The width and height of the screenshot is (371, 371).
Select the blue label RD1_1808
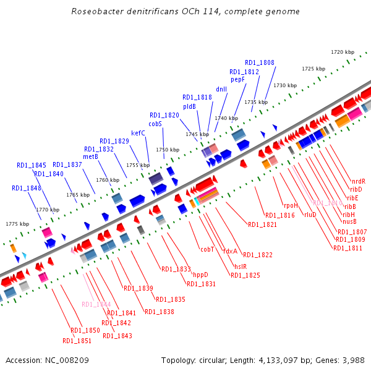click(x=260, y=62)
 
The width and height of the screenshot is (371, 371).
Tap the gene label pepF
click(x=238, y=80)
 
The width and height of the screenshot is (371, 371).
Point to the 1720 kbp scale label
click(x=342, y=52)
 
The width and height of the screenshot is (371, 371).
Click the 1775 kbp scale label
click(x=17, y=224)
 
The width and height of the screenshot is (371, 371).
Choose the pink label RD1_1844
click(x=96, y=304)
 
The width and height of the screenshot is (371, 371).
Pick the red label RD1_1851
click(x=77, y=341)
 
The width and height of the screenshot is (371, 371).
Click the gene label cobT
click(x=207, y=250)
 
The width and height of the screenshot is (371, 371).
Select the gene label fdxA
click(x=230, y=251)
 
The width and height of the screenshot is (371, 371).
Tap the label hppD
click(x=200, y=275)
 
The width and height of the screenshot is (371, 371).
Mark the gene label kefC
click(x=138, y=133)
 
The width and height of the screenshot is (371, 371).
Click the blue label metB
click(x=91, y=157)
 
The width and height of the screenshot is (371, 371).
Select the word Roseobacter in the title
click(x=98, y=11)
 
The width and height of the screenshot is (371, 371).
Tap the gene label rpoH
click(x=291, y=205)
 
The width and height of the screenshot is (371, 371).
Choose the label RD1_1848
click(x=27, y=188)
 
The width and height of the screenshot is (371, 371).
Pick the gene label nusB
click(x=349, y=221)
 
